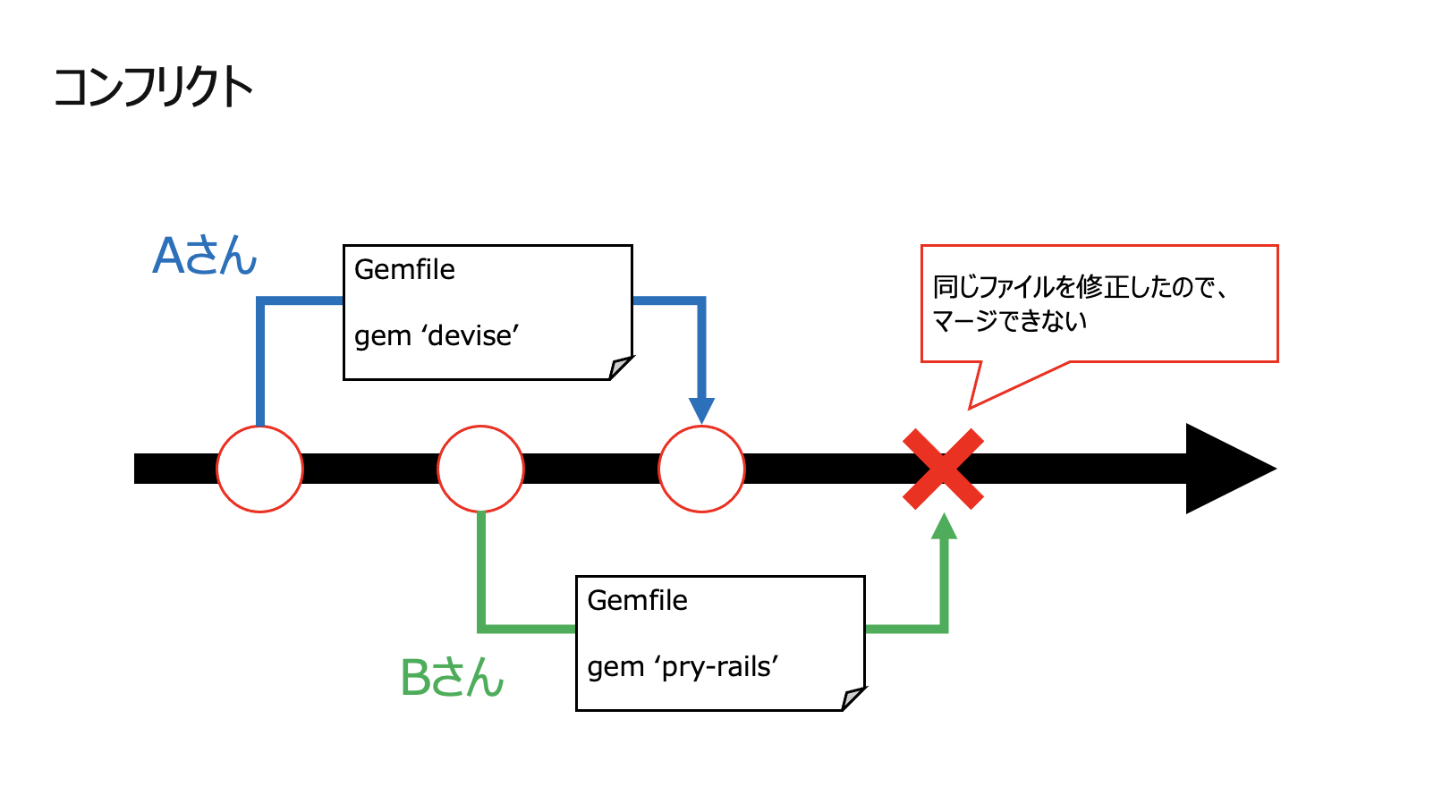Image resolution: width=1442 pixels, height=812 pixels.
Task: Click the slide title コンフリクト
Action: (153, 88)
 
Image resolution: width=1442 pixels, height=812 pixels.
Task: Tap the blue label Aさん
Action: (205, 256)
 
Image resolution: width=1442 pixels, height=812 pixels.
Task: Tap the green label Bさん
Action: (452, 677)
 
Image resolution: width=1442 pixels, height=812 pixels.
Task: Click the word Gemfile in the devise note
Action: (404, 269)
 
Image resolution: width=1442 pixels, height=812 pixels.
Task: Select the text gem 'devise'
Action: (437, 335)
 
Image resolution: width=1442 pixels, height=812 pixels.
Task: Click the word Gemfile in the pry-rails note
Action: (637, 600)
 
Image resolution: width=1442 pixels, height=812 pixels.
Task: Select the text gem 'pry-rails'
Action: (683, 666)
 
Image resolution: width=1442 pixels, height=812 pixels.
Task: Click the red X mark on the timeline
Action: (943, 469)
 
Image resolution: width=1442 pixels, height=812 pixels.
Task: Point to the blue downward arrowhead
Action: (702, 410)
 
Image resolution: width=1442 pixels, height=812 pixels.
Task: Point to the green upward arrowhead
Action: (944, 528)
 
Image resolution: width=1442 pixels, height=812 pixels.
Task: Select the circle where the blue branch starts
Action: (259, 469)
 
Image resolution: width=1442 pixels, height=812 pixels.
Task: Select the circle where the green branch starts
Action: (480, 469)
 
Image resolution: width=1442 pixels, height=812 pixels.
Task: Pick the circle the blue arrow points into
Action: (701, 469)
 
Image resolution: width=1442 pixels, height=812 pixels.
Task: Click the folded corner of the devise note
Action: (620, 368)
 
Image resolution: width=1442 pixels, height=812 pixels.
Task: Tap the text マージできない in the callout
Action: (1009, 321)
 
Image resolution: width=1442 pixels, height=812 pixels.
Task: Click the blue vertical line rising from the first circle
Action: (260, 367)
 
